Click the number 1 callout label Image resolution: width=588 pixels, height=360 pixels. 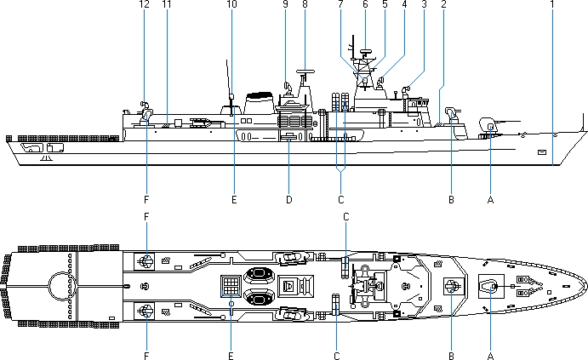coord(551,4)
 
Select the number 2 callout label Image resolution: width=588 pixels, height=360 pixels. coord(443,4)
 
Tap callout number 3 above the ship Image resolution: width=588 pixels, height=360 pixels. coord(423,4)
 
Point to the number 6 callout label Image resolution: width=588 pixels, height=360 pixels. coord(365,4)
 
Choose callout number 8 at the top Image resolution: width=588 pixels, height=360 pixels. coord(304,4)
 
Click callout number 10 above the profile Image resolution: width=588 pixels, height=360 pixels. coord(231,4)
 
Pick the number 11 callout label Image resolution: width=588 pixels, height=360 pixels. coord(166,4)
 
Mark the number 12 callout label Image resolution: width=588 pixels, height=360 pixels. coord(144,4)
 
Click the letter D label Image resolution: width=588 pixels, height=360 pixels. coord(288,200)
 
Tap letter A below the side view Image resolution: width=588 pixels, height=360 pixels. coord(490,200)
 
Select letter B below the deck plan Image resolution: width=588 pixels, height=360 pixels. coord(451,354)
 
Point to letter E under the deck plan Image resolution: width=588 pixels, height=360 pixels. coord(231,354)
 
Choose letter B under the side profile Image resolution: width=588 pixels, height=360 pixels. coord(451,200)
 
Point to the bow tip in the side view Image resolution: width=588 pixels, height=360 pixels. coord(585,130)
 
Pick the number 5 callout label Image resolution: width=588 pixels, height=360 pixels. coord(385,4)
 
